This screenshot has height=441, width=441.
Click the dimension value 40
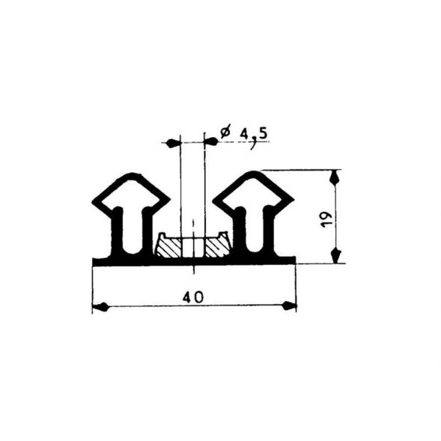point(193,297)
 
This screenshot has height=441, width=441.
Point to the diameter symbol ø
point(225,133)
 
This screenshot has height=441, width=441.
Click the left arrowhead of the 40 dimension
point(100,306)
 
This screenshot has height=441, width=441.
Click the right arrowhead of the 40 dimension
point(289,306)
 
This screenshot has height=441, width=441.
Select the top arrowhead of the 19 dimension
point(335,177)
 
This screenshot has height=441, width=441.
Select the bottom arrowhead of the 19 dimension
point(335,256)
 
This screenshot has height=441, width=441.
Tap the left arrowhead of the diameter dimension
point(173,142)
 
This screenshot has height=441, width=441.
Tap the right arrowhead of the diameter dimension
point(211,142)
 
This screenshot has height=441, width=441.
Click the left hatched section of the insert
point(168,247)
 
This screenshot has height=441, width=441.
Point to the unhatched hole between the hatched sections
point(192,247)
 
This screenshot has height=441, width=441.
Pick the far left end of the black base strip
point(94,261)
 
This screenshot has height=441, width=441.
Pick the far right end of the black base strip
point(294,261)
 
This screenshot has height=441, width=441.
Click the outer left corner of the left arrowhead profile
point(94,202)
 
